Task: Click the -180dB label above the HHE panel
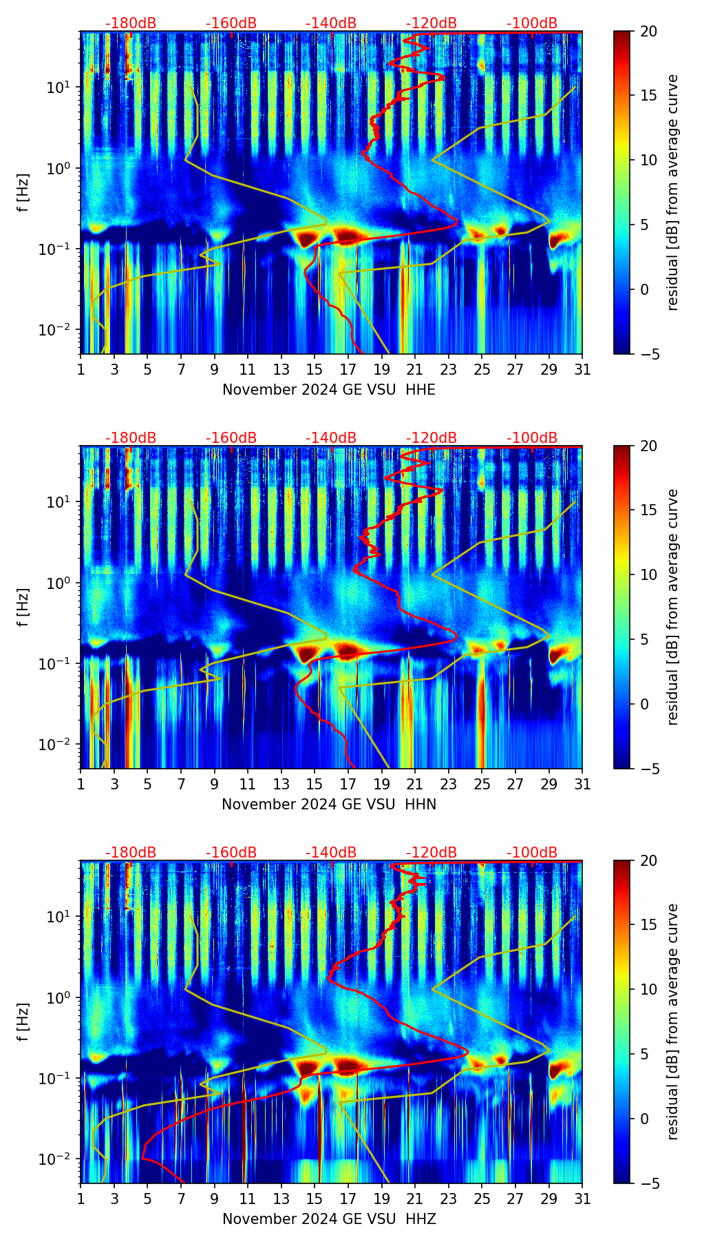(x=131, y=23)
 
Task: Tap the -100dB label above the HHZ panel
(x=532, y=853)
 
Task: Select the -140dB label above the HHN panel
(x=331, y=438)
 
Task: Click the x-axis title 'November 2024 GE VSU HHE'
(x=329, y=390)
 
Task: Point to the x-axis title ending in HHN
(x=329, y=805)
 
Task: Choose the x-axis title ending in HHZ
(x=329, y=1219)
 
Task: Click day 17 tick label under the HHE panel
(x=348, y=370)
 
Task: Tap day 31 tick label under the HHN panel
(x=582, y=785)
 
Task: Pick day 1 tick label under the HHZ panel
(x=81, y=1199)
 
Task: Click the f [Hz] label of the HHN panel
(x=23, y=607)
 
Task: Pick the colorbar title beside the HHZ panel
(x=672, y=1022)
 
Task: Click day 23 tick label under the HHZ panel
(x=449, y=1199)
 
